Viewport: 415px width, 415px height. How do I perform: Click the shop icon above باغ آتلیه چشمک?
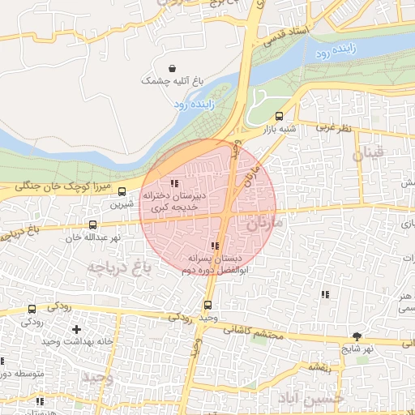tap(171, 69)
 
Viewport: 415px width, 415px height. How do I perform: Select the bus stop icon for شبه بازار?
tap(280, 116)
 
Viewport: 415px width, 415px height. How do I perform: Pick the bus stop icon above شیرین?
tap(122, 192)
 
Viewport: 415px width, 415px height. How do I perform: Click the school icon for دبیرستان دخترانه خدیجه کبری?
tap(174, 183)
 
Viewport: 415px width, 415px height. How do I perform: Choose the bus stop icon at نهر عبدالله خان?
tap(92, 225)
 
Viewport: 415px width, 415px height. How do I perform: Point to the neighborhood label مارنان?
tap(266, 220)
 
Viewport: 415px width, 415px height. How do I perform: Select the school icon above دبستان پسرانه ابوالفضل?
tap(214, 246)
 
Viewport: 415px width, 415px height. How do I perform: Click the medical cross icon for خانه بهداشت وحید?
tap(76, 329)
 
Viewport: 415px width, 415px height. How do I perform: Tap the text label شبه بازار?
tap(279, 128)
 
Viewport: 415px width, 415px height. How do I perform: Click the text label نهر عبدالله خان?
tap(93, 237)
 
